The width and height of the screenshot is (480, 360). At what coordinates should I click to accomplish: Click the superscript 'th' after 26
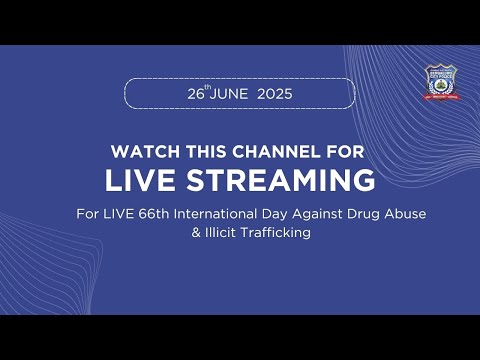[207, 88]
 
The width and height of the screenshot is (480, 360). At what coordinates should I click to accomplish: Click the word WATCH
[138, 152]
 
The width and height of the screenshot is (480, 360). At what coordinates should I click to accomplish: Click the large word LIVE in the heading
[143, 181]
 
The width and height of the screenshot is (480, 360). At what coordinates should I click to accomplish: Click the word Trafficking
[273, 232]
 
